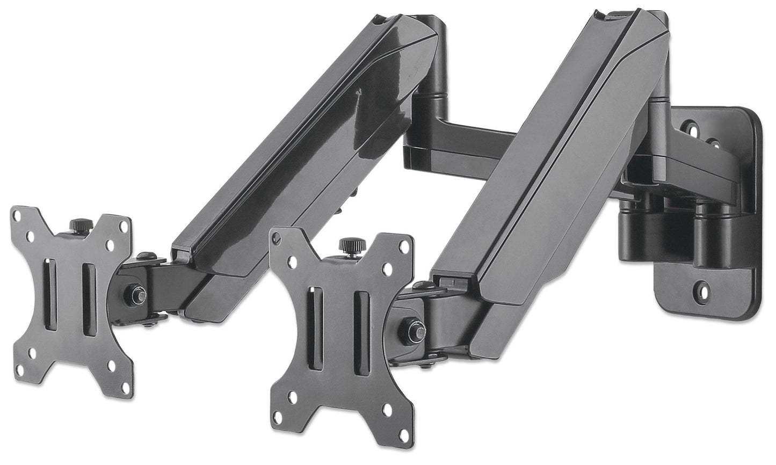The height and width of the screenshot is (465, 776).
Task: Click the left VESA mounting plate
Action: click(70, 301)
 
